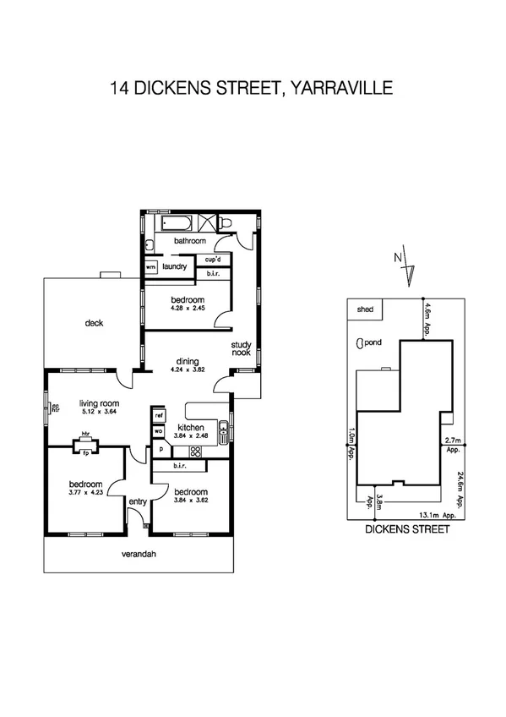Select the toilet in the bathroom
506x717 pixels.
click(225, 223)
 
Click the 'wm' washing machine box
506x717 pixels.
click(151, 266)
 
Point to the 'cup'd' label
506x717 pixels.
click(213, 260)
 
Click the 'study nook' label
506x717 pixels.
click(242, 349)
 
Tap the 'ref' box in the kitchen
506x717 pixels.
click(158, 415)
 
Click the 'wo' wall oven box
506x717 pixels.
click(158, 431)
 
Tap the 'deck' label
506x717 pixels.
click(94, 322)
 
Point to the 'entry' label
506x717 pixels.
click(137, 501)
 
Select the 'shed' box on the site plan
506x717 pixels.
click(365, 310)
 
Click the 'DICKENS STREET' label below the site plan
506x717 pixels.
click(406, 530)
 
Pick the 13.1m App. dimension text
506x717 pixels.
click(438, 514)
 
